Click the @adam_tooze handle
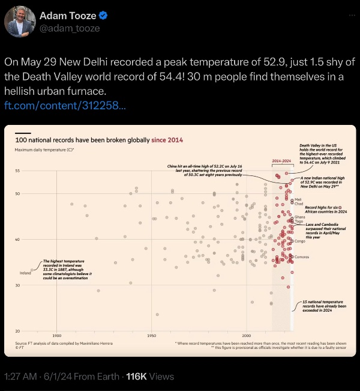click(x=70, y=28)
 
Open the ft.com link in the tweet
click(x=65, y=106)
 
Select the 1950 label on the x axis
click(x=151, y=335)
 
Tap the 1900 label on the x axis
click(x=57, y=335)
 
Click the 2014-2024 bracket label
click(x=281, y=162)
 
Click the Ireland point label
click(x=25, y=273)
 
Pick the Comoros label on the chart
click(x=301, y=256)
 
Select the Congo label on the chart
click(x=300, y=241)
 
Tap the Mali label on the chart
click(x=298, y=199)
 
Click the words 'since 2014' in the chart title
click(x=167, y=139)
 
